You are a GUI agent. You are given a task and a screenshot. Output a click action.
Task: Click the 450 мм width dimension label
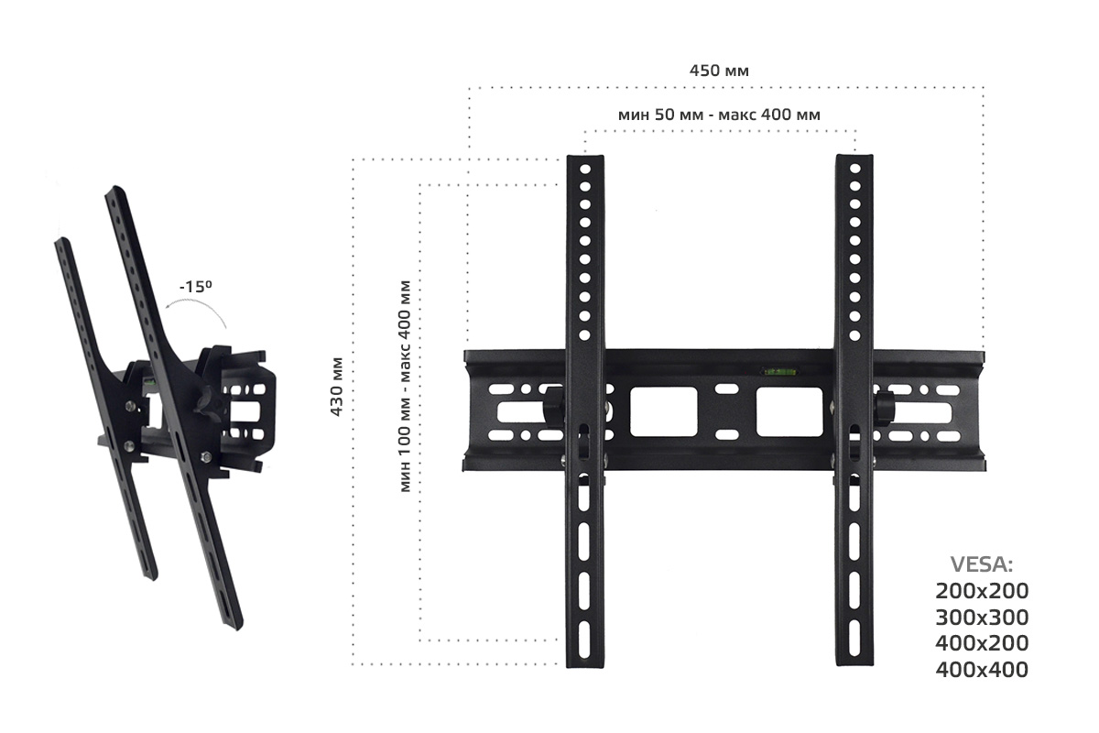(719, 71)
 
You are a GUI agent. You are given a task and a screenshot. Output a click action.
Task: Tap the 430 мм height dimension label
(337, 387)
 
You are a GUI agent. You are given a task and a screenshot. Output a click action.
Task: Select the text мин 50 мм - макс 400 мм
(719, 115)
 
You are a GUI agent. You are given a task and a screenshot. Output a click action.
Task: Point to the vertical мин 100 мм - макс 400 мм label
(405, 387)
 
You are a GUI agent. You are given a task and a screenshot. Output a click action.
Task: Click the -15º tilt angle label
(196, 286)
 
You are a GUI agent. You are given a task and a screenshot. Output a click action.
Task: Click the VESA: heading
(982, 565)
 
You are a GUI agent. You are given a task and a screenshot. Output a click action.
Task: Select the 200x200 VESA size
(982, 591)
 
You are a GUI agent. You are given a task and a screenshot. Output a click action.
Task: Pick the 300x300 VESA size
(982, 618)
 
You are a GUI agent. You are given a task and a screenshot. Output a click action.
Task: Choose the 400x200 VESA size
(982, 643)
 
